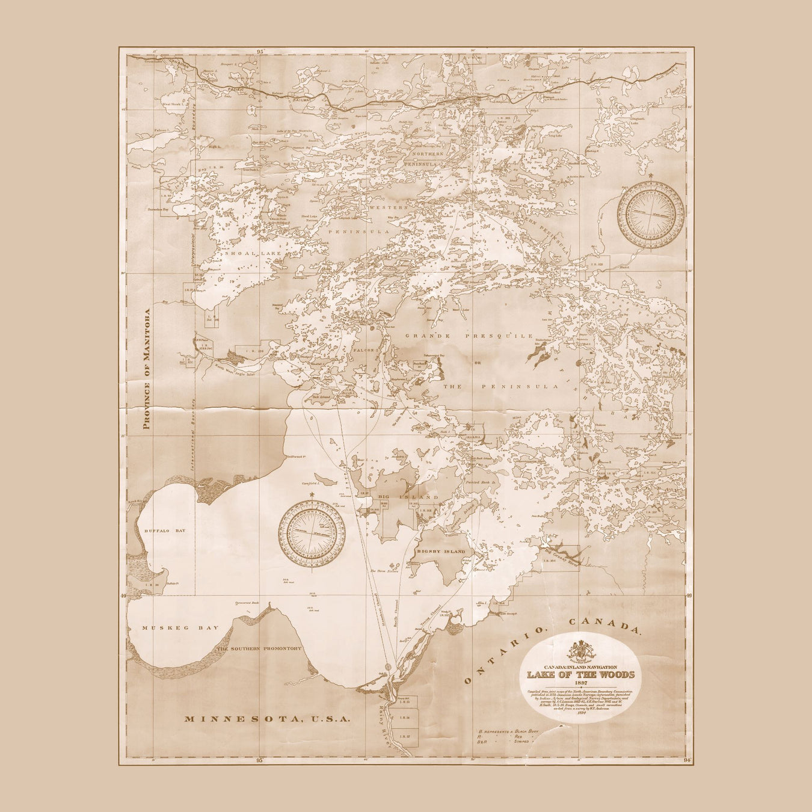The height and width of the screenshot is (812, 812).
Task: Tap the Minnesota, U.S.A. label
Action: pyautogui.click(x=267, y=718)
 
